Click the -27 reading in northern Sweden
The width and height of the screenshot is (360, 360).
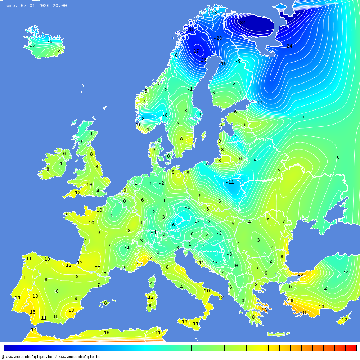click(195, 51)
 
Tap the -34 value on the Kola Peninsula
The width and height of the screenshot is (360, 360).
click(243, 23)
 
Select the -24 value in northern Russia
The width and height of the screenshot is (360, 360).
click(288, 46)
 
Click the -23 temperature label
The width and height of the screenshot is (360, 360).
click(218, 38)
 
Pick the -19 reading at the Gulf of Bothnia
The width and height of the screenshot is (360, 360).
click(223, 64)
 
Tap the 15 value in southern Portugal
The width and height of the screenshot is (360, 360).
click(33, 312)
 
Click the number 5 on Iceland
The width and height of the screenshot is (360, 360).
click(58, 50)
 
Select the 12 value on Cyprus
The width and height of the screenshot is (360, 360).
click(344, 320)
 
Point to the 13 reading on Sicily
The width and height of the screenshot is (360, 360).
click(185, 322)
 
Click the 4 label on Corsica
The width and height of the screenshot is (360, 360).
click(152, 283)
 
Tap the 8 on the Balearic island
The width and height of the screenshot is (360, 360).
click(105, 303)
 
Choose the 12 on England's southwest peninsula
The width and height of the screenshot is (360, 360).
click(78, 193)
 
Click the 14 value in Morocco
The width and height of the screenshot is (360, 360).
click(34, 330)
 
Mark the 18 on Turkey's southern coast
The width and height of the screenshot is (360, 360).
click(303, 312)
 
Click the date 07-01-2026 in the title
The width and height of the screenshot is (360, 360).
click(35, 6)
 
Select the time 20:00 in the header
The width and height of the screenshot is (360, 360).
click(60, 6)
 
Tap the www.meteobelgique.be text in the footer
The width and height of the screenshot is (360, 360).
click(29, 357)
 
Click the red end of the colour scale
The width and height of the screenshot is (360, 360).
click(351, 348)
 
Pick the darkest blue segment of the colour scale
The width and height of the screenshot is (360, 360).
click(9, 348)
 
